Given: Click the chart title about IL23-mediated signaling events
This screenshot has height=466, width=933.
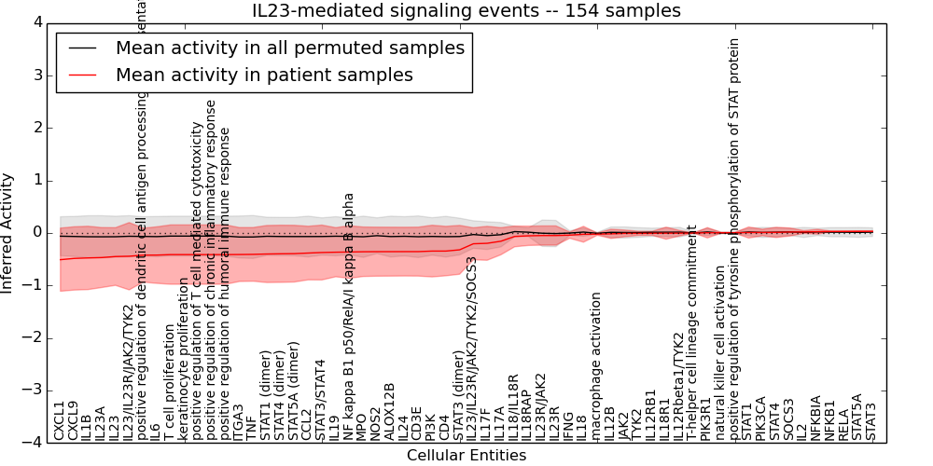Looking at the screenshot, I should [466, 10].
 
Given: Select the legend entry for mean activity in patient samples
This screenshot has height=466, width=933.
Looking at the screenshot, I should [264, 75].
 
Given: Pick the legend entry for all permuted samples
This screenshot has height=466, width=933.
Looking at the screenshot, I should [289, 48].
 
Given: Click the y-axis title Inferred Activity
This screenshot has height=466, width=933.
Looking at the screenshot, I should [8, 233].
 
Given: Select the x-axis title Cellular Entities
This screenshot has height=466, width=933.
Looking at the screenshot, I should [466, 455].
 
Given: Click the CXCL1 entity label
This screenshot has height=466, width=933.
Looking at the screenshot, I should [60, 421].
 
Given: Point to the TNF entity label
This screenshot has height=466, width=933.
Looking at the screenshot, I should [253, 427].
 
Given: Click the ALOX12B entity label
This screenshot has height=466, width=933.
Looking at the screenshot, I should [390, 411].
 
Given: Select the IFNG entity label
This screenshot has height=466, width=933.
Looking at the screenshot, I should [569, 425].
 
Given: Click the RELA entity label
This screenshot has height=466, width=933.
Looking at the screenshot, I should [843, 424].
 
